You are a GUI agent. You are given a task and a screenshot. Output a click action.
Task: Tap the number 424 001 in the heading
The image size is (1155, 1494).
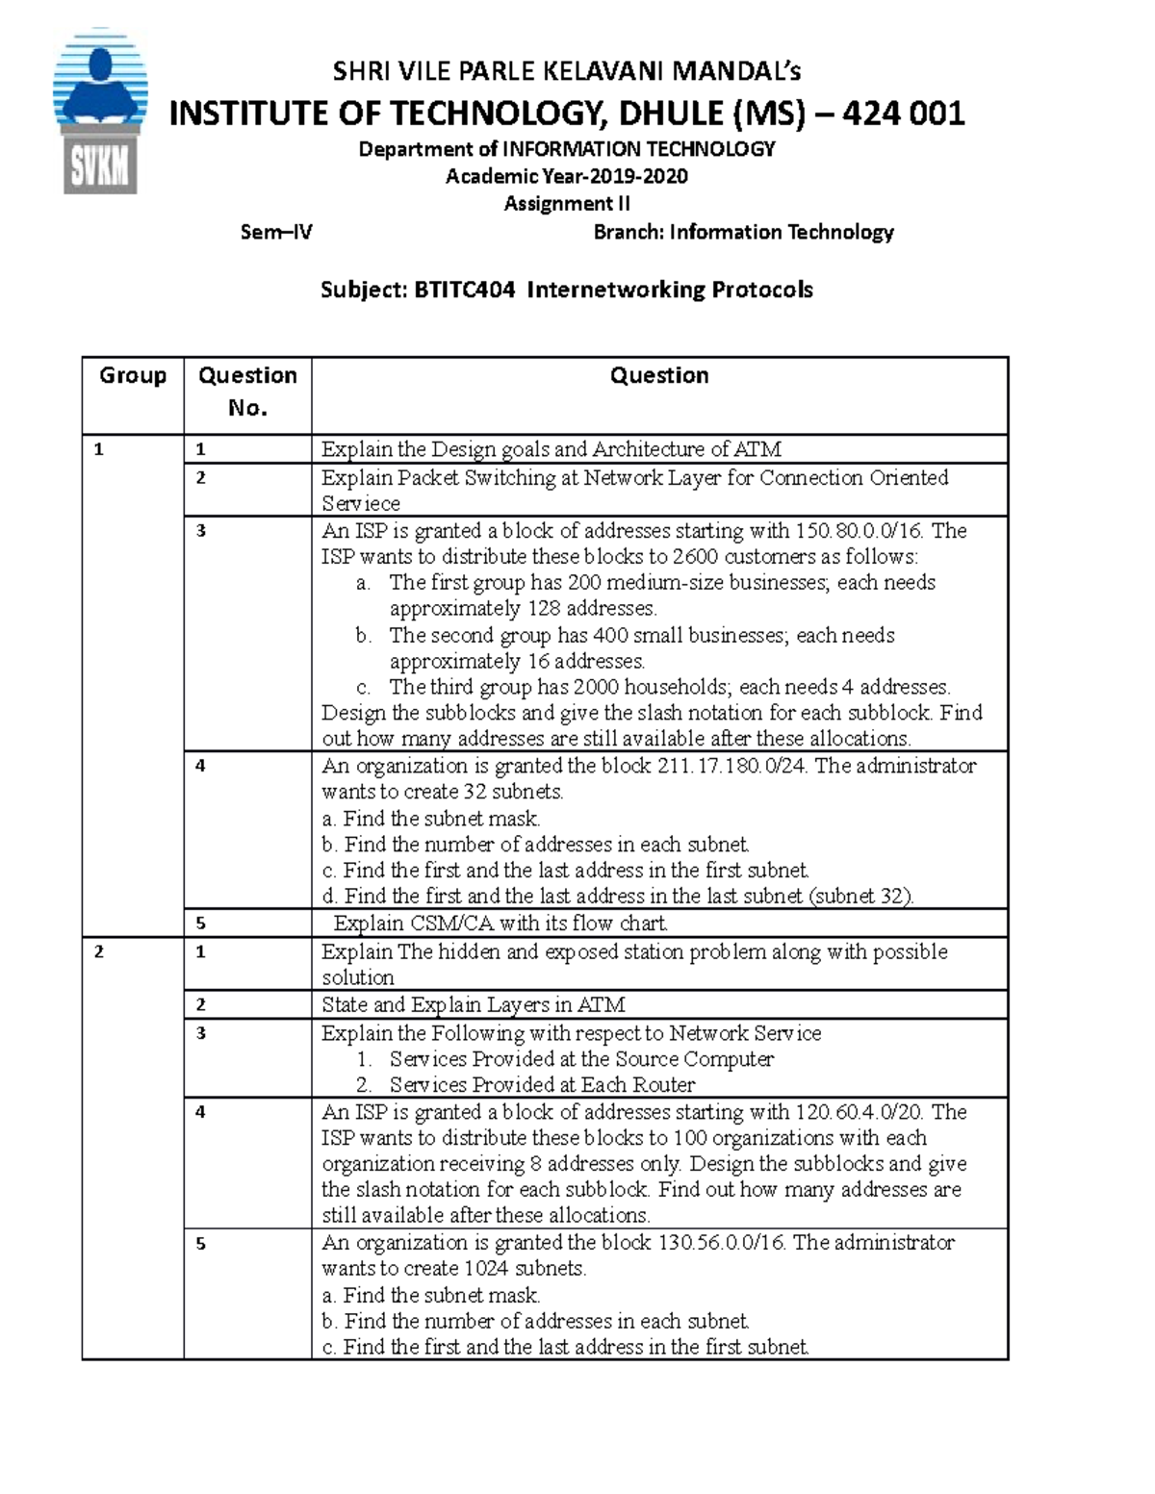tap(903, 114)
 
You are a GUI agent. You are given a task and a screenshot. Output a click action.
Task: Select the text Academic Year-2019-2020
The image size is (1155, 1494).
tap(567, 176)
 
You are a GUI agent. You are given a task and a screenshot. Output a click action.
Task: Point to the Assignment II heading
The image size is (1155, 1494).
tap(567, 204)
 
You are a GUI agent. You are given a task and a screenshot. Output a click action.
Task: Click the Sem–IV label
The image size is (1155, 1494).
tap(276, 232)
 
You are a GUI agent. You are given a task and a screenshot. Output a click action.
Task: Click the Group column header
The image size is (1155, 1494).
tap(133, 375)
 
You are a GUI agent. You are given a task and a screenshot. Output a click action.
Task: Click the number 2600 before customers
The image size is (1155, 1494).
tap(695, 557)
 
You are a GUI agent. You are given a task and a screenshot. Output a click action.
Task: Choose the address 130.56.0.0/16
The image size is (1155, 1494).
tap(722, 1243)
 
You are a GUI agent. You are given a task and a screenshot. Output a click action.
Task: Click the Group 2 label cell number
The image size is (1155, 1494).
tap(97, 952)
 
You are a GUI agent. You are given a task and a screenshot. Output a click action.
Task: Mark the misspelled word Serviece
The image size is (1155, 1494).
tap(361, 504)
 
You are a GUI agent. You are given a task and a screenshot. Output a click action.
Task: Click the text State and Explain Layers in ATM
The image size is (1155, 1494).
tap(473, 1005)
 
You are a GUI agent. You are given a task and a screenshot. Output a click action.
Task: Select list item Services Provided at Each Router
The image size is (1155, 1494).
tap(542, 1085)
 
